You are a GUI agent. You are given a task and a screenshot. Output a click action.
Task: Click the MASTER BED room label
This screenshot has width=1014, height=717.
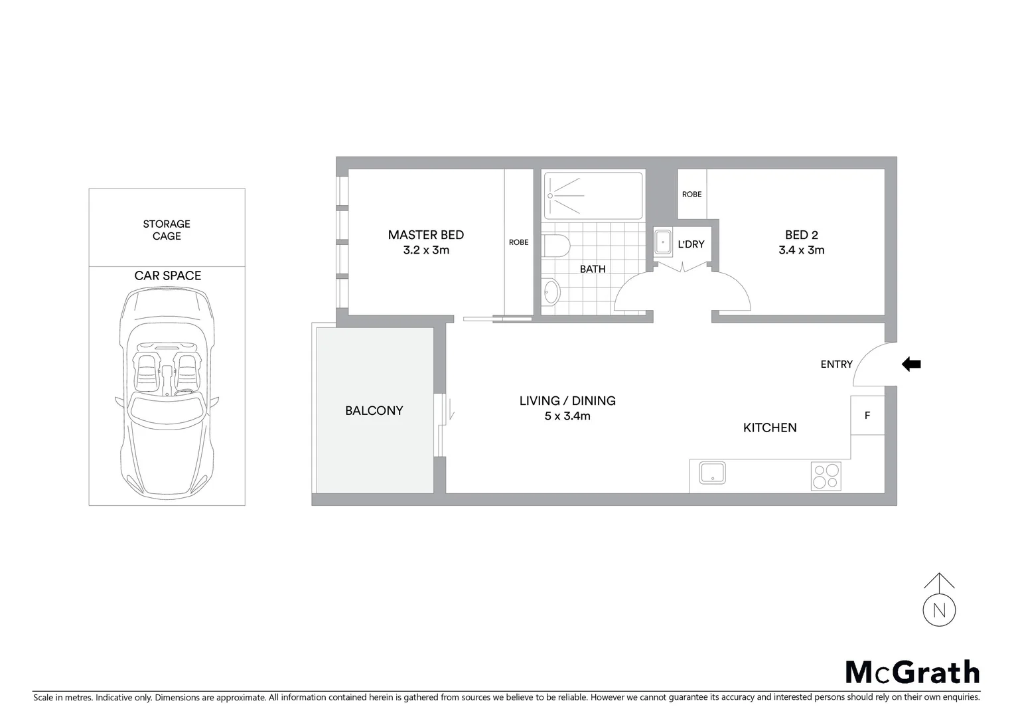(425, 235)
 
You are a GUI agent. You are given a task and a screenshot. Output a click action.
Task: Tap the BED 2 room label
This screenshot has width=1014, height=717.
(801, 235)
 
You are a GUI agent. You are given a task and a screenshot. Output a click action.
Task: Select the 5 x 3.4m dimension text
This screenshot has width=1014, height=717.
(567, 416)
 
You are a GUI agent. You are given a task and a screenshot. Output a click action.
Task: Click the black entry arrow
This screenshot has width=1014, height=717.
(911, 364)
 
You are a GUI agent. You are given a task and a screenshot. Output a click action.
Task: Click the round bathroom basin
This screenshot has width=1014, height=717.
(551, 291)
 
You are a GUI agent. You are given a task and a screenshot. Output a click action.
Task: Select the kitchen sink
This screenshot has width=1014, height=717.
(712, 473)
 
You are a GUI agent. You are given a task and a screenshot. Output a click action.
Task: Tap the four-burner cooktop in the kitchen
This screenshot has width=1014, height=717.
(826, 476)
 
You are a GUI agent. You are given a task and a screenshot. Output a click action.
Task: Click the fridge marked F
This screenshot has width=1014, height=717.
(867, 416)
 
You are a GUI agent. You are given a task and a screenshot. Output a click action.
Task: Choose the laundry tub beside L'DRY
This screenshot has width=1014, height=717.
(662, 242)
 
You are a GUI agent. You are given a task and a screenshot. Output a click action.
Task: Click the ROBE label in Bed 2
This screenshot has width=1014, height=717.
(691, 195)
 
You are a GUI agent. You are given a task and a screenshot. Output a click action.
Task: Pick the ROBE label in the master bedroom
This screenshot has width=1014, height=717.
(518, 242)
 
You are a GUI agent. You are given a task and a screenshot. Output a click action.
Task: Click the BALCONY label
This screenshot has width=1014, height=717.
(374, 411)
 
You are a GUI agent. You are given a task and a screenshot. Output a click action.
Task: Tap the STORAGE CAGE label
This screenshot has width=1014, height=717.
(167, 230)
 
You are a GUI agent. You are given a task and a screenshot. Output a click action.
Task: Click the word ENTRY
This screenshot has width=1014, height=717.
(836, 364)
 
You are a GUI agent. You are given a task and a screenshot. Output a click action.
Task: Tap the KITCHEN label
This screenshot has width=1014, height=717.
(769, 428)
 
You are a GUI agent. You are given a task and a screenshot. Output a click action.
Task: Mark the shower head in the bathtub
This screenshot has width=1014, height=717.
(550, 196)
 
